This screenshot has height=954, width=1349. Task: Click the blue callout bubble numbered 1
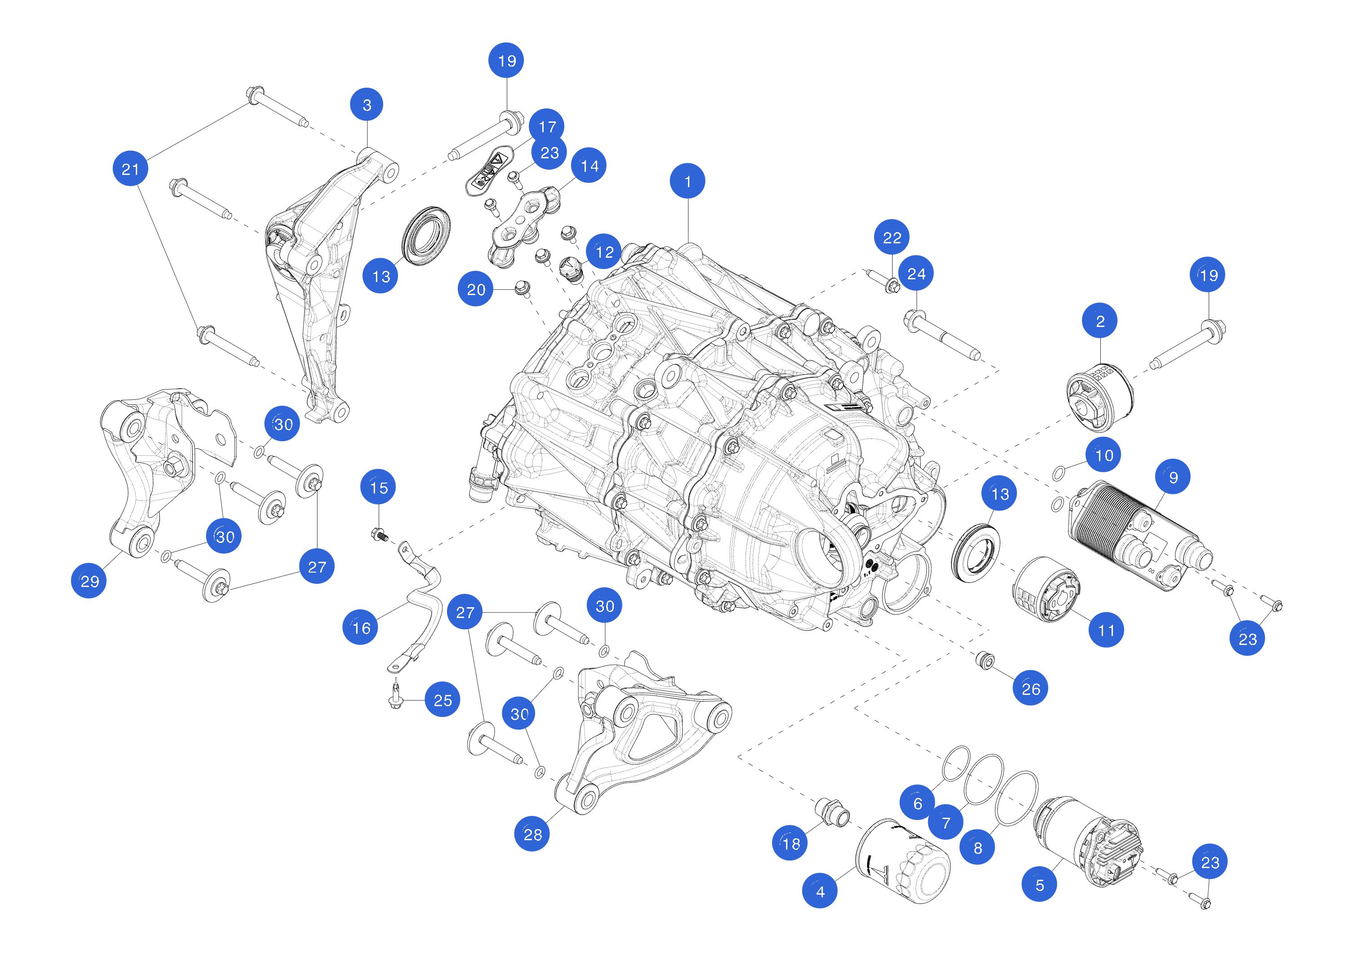coord(688,181)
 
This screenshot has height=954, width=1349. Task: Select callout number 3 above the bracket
coord(366,105)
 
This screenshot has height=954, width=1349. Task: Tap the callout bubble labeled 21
coord(130,169)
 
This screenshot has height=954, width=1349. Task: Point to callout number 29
coord(89,581)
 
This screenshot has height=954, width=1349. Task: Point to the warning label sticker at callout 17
coord(489,170)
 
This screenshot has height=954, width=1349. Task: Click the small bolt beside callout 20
coord(522,288)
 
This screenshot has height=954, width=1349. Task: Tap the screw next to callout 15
coord(380,535)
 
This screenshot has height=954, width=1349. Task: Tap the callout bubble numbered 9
coord(1173,477)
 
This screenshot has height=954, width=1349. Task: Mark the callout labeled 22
coord(892,237)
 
